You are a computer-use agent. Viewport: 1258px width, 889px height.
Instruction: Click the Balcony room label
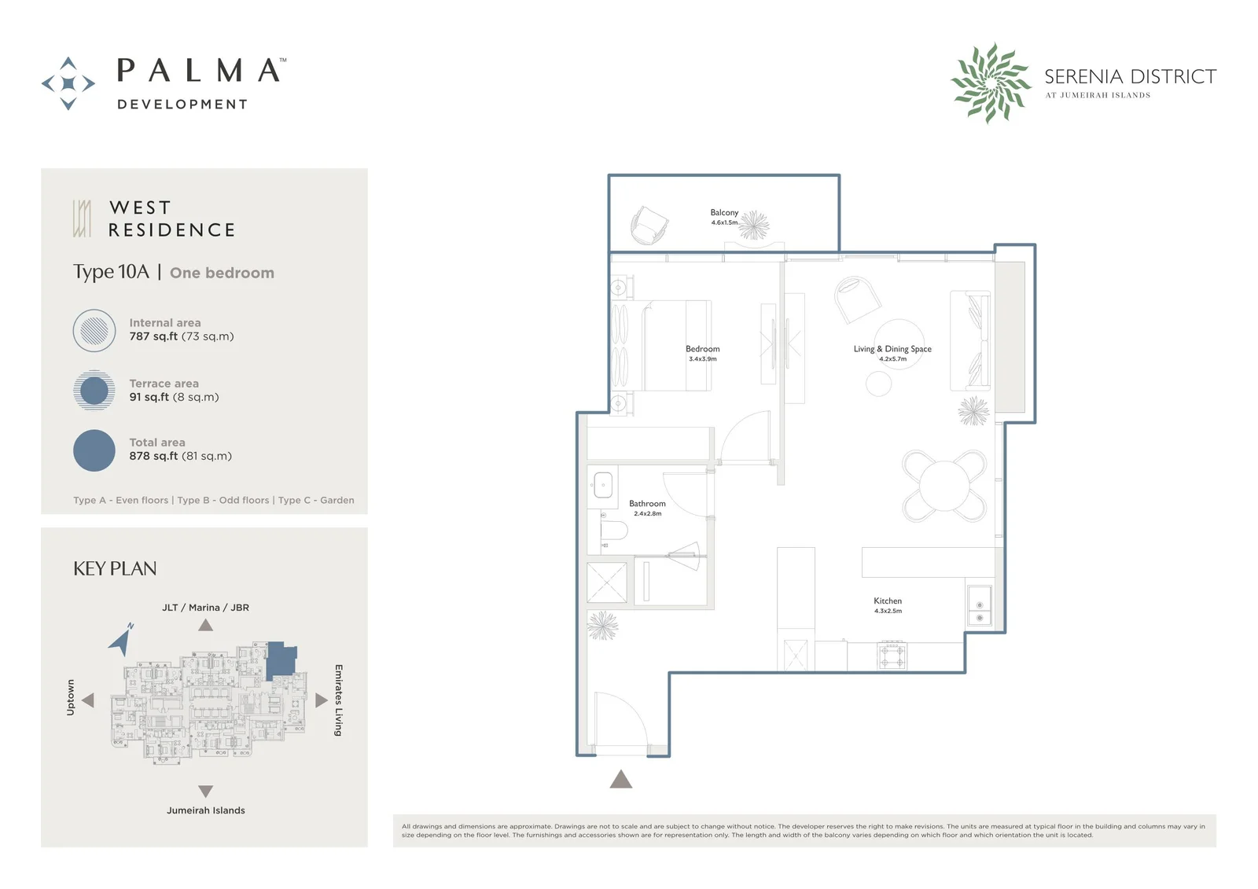click(724, 212)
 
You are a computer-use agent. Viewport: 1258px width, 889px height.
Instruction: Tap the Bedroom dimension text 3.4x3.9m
click(703, 359)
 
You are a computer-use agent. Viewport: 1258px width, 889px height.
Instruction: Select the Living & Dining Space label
click(892, 349)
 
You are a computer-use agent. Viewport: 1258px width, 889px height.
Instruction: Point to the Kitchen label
click(888, 601)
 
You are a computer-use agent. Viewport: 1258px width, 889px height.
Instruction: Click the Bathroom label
click(647, 504)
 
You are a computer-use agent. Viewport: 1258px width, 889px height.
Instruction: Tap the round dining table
click(944, 486)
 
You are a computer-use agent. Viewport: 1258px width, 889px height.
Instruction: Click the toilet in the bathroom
click(613, 530)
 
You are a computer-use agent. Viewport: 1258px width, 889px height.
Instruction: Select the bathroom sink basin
click(602, 485)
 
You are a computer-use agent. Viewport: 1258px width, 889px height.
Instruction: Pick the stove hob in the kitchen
click(892, 656)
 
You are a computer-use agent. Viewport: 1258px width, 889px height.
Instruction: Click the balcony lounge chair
click(649, 226)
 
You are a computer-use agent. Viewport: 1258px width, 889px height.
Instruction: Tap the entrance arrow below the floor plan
click(620, 779)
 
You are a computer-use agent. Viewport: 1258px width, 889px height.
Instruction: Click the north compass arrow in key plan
click(121, 641)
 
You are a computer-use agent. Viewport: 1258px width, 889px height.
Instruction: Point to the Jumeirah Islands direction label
click(205, 810)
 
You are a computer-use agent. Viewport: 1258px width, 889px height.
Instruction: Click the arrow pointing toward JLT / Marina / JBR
click(205, 625)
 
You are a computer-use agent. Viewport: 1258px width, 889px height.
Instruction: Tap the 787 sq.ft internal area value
click(153, 336)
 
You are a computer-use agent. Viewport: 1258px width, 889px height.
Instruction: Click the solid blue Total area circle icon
click(94, 450)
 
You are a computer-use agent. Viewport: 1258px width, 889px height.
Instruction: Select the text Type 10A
click(111, 273)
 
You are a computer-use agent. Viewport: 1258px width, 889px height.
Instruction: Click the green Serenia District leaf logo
click(991, 83)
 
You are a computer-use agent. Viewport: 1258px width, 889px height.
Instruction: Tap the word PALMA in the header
click(198, 71)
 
